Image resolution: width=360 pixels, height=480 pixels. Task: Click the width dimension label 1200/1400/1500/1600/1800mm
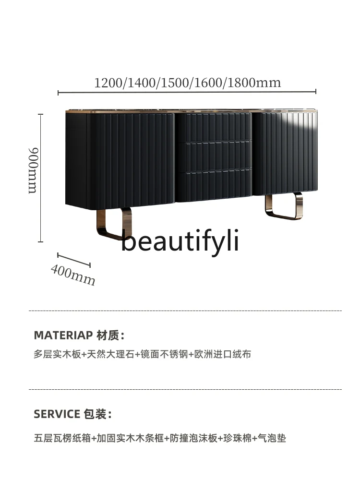click(187, 82)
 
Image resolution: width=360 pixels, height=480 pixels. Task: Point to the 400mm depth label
click(73, 276)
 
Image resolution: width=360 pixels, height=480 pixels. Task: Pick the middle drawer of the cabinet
click(214, 155)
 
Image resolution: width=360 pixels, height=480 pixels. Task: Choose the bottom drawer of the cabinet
click(214, 184)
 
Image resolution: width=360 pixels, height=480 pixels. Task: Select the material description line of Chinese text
click(142, 354)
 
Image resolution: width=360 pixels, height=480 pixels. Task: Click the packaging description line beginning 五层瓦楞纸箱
click(159, 438)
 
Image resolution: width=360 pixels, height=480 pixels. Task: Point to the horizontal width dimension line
click(187, 92)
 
